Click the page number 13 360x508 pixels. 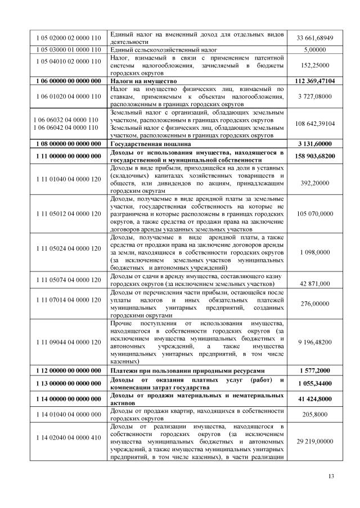point(331,477)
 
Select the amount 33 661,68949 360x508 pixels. point(315,38)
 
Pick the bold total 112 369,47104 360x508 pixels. point(315,81)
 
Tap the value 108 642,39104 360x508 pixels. point(315,124)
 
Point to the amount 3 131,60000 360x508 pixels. point(315,144)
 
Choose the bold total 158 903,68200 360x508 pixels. point(315,156)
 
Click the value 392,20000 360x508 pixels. point(315,183)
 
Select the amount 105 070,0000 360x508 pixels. point(315,214)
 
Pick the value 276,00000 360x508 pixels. point(315,303)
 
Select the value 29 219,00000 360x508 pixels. point(315,442)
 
